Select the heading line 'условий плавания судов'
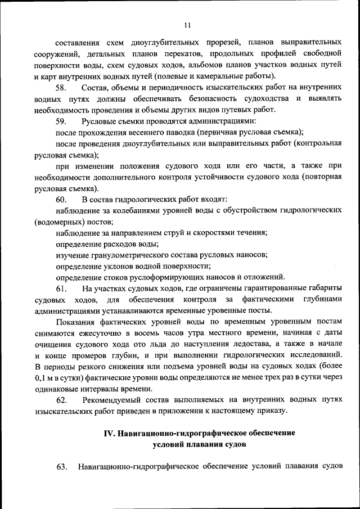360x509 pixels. [x=199, y=444]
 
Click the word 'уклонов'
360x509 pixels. [x=116, y=266]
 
